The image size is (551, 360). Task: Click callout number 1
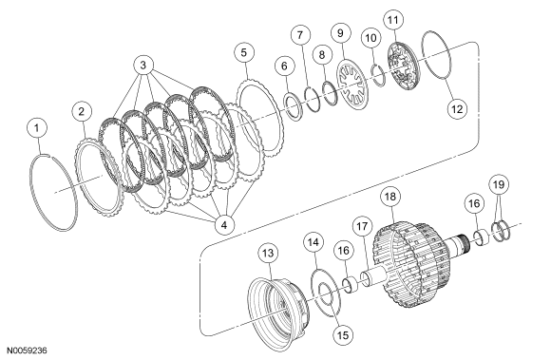click(37, 128)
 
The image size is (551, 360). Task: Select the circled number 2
click(82, 112)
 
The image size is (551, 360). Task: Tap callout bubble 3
click(143, 65)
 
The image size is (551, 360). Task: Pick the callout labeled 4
click(224, 224)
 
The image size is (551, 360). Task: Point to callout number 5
click(244, 52)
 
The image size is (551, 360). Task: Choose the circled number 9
click(340, 33)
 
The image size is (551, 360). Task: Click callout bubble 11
click(393, 20)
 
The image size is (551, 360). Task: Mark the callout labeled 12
click(457, 109)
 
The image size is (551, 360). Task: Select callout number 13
click(268, 254)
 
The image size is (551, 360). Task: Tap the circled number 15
click(343, 335)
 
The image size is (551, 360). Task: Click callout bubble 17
click(362, 226)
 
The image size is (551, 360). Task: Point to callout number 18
click(390, 197)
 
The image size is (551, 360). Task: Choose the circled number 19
click(499, 184)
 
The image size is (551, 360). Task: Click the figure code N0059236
click(28, 351)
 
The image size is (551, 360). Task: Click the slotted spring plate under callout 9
click(351, 85)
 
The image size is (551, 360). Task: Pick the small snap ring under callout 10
click(379, 75)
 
